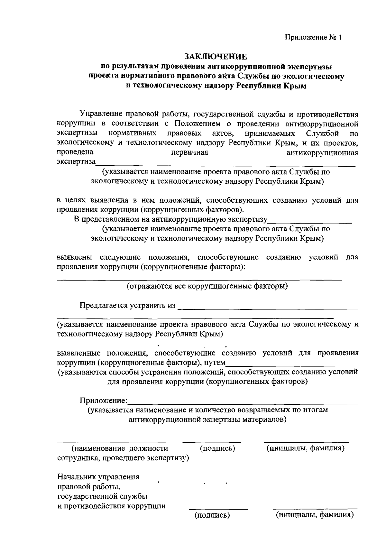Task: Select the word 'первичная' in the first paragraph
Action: pos(189,152)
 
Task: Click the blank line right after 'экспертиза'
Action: pos(225,165)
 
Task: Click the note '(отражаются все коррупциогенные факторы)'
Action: pos(207,286)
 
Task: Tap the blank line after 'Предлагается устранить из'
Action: pos(268,308)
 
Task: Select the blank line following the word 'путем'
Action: pos(280,365)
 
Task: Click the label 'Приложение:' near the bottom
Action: pos(104,400)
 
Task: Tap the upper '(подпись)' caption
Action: pos(217,448)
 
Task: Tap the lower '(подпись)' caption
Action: pos(212,515)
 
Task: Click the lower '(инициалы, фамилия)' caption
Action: pos(315,515)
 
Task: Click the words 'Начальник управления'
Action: pos(98,477)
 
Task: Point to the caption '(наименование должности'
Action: pos(120,448)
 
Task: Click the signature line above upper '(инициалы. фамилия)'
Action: pos(306,442)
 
